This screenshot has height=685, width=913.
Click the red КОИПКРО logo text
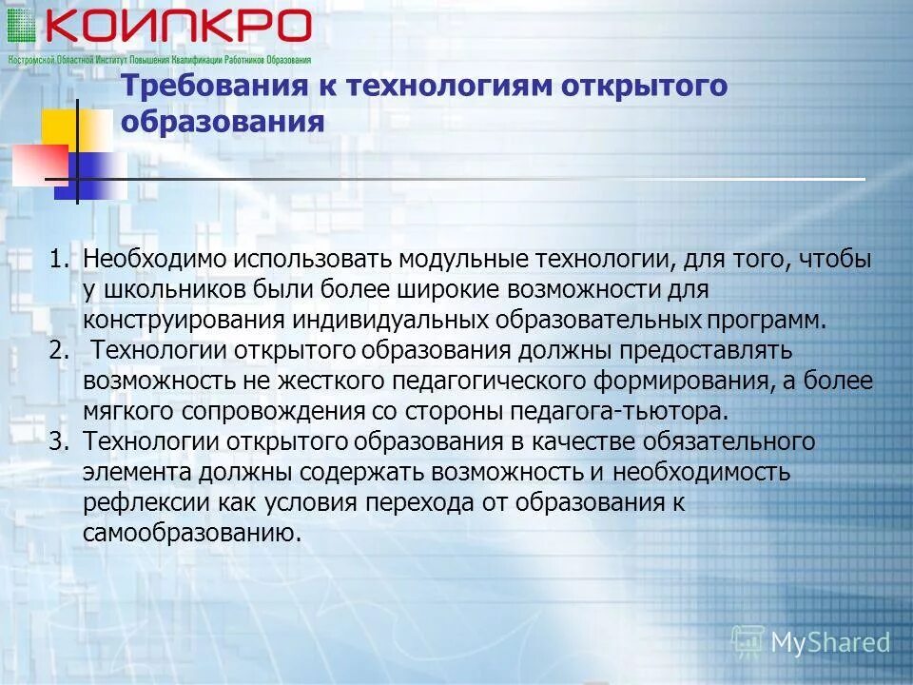tap(177, 27)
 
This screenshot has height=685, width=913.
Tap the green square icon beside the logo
tap(21, 27)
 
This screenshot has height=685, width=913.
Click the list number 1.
tap(59, 260)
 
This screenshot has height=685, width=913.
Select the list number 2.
tap(59, 350)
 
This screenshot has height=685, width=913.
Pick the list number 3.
tap(59, 441)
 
